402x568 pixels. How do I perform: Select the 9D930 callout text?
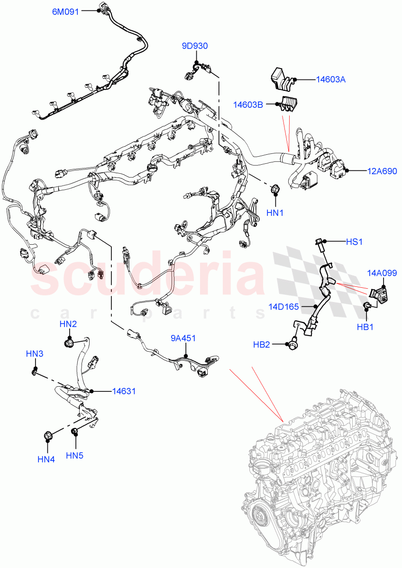195,46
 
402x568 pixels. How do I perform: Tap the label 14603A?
331,80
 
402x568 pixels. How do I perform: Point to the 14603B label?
247,104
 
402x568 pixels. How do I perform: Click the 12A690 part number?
382,171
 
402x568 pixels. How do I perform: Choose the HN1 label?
274,213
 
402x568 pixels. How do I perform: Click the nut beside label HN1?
274,190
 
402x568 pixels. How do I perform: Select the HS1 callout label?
354,242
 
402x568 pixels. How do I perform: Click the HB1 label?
365,327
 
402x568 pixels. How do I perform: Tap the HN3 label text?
35,354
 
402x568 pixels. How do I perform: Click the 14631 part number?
124,391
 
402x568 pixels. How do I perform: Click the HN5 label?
74,455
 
